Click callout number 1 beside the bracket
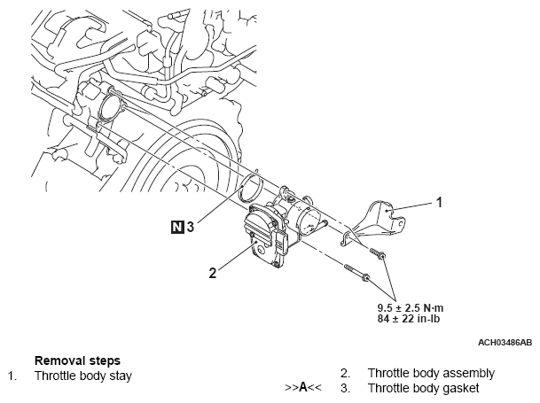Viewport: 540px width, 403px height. coord(437,202)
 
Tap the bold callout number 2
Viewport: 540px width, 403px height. coord(212,273)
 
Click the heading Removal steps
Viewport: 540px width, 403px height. coord(77,360)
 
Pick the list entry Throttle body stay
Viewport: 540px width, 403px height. coord(82,376)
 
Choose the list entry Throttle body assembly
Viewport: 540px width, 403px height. coord(431,373)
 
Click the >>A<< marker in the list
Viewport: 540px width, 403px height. coord(302,388)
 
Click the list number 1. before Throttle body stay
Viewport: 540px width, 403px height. coord(12,376)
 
